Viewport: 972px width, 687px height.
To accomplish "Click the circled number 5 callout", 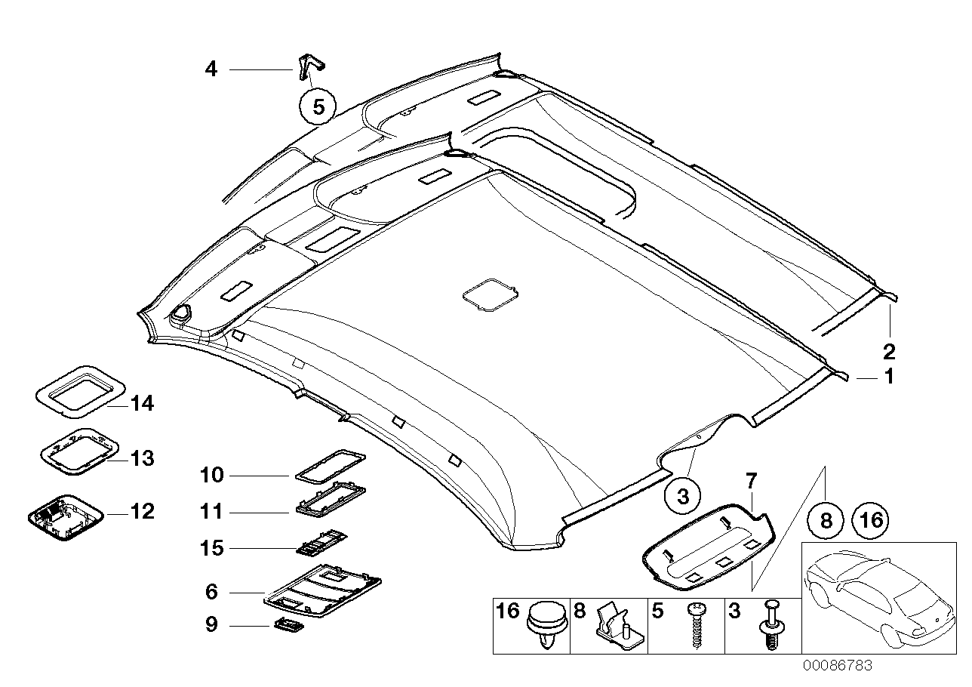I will pos(318,107).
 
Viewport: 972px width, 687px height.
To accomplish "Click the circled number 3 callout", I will pos(682,496).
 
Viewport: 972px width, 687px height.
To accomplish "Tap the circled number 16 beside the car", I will pos(870,520).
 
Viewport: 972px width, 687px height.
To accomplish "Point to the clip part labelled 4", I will pos(310,66).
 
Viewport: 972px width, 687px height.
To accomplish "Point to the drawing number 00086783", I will pos(837,666).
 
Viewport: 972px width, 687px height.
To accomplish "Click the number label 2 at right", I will pos(889,351).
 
